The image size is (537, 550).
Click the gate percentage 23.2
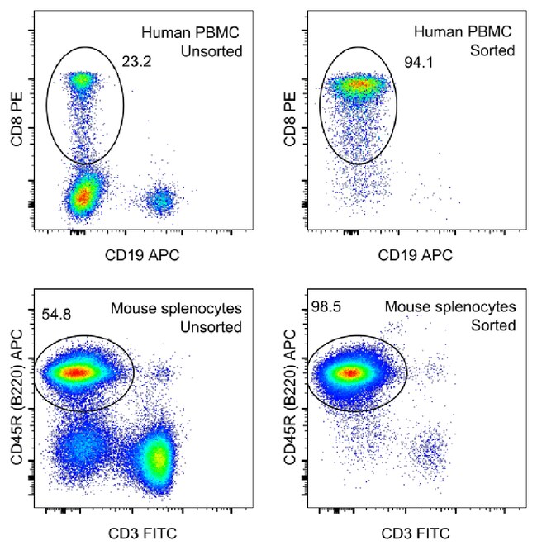point(154,60)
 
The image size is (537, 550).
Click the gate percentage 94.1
point(417,62)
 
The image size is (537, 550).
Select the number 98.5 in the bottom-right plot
point(325,307)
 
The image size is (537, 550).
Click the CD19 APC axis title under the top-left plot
point(145,254)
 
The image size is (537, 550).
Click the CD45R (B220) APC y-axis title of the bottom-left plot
point(17,396)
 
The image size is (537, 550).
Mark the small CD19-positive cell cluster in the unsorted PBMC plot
point(163,199)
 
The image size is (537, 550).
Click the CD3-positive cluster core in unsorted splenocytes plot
point(157,458)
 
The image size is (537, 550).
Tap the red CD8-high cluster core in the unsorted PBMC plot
point(82,81)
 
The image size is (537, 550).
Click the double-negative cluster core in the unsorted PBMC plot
point(83,196)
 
